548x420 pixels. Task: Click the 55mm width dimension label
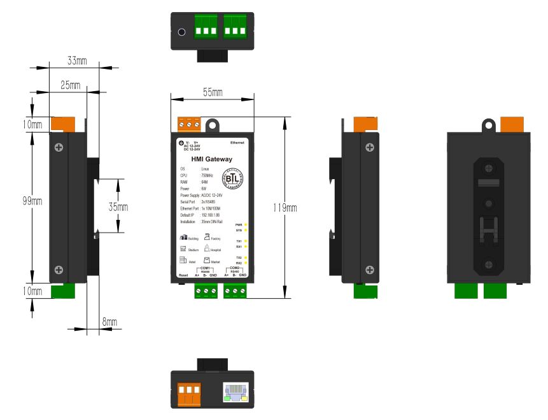click(x=213, y=92)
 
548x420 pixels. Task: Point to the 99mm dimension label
click(x=32, y=201)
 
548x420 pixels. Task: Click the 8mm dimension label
click(x=109, y=322)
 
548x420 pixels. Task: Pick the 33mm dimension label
click(x=77, y=61)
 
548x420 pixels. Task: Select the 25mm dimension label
click(x=70, y=84)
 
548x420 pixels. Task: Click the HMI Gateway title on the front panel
click(x=212, y=159)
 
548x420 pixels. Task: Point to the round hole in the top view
click(x=182, y=32)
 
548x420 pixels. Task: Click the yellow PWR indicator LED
click(x=246, y=225)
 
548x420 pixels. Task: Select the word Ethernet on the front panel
click(x=237, y=143)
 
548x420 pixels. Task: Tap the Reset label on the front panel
click(x=183, y=275)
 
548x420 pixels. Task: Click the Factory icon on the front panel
click(x=207, y=236)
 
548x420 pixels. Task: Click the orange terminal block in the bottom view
click(x=188, y=393)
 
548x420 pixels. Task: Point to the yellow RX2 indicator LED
click(x=246, y=263)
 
